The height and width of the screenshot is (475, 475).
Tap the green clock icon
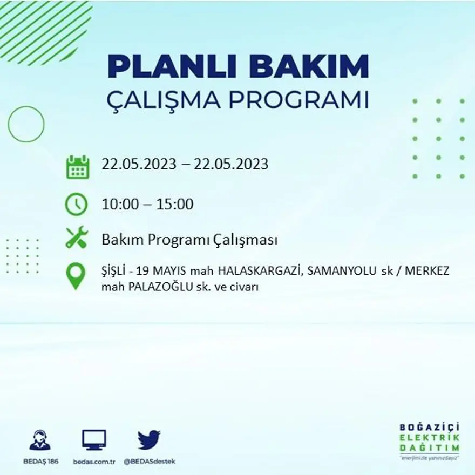(76, 204)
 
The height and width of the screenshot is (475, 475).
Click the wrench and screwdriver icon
(76, 237)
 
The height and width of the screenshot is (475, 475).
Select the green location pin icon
(76, 276)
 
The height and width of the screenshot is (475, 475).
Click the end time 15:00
(175, 205)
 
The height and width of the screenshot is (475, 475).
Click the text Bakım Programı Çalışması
(189, 240)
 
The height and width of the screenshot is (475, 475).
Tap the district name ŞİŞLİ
(116, 272)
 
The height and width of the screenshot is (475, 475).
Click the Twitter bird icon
(149, 439)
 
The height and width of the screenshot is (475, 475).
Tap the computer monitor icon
(94, 440)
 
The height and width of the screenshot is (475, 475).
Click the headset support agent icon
(40, 440)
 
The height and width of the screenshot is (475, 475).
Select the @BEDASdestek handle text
(150, 462)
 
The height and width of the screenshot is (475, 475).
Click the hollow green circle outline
(26, 125)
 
